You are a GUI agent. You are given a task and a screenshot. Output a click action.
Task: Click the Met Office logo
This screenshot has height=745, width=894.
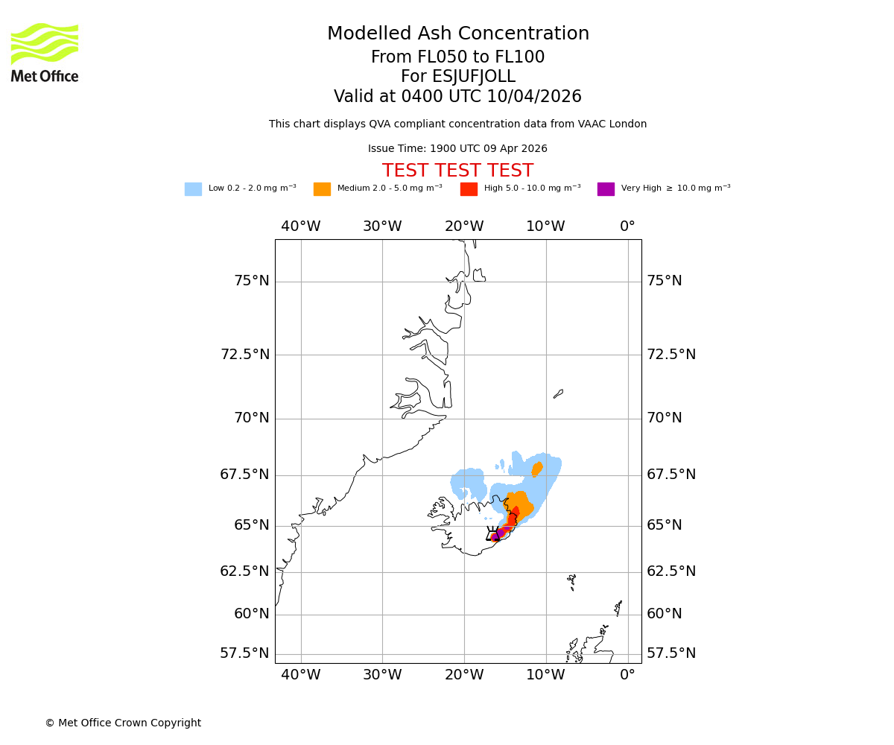[x=45, y=52]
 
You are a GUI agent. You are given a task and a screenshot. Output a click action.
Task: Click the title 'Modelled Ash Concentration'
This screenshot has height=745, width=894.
[x=458, y=34]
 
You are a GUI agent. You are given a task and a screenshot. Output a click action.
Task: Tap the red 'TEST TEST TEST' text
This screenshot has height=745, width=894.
[x=457, y=171]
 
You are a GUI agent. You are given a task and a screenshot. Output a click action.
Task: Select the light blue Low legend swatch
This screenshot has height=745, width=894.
[x=193, y=189]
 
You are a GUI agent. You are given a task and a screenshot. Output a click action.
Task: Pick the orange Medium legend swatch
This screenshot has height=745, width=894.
[x=322, y=189]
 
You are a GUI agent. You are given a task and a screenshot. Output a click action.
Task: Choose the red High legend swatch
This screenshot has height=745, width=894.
[x=469, y=189]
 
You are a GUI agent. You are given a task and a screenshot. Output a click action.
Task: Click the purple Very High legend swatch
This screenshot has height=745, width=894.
[x=606, y=189]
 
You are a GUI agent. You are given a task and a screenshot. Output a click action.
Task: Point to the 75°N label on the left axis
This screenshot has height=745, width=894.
[x=252, y=281]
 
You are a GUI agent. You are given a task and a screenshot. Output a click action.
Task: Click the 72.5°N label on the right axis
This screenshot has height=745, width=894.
[x=670, y=355]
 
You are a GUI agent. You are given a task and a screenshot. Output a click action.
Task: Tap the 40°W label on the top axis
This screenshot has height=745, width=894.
[x=301, y=226]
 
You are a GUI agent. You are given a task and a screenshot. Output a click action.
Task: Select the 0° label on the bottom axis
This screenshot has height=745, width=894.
[x=627, y=675]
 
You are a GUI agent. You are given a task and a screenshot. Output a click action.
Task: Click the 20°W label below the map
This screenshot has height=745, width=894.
[x=464, y=675]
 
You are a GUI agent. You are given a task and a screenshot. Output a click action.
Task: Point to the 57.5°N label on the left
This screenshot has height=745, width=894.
[x=244, y=653]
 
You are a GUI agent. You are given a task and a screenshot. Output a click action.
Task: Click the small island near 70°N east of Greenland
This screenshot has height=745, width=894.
[x=558, y=393]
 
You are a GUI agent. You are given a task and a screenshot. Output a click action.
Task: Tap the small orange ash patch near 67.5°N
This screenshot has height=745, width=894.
[x=536, y=469]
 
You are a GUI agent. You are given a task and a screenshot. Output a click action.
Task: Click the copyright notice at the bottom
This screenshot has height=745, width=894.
[x=123, y=723]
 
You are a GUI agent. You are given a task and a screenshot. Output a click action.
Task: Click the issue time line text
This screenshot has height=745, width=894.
[x=457, y=149]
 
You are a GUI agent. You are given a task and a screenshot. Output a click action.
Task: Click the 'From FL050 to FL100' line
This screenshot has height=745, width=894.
[x=457, y=57]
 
